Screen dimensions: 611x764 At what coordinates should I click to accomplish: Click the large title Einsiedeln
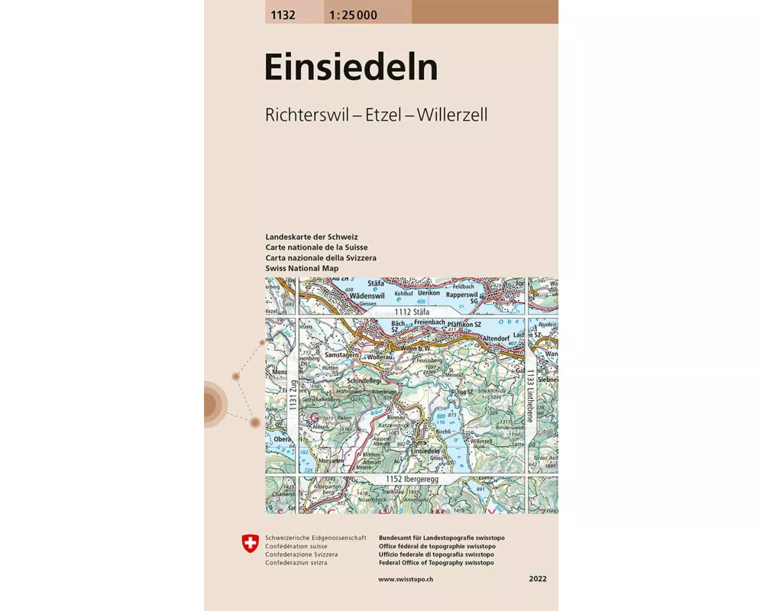351,67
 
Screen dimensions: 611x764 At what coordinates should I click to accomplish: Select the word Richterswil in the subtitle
303,115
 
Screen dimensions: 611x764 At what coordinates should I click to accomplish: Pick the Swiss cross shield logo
249,543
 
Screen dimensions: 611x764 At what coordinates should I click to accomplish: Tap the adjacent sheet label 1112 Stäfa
413,312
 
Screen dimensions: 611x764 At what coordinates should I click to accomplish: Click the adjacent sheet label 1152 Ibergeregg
413,478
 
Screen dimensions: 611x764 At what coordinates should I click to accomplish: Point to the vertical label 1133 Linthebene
531,391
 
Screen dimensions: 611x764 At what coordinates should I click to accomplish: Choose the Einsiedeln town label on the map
428,451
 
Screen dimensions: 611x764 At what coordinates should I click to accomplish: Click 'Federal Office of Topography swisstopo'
435,563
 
